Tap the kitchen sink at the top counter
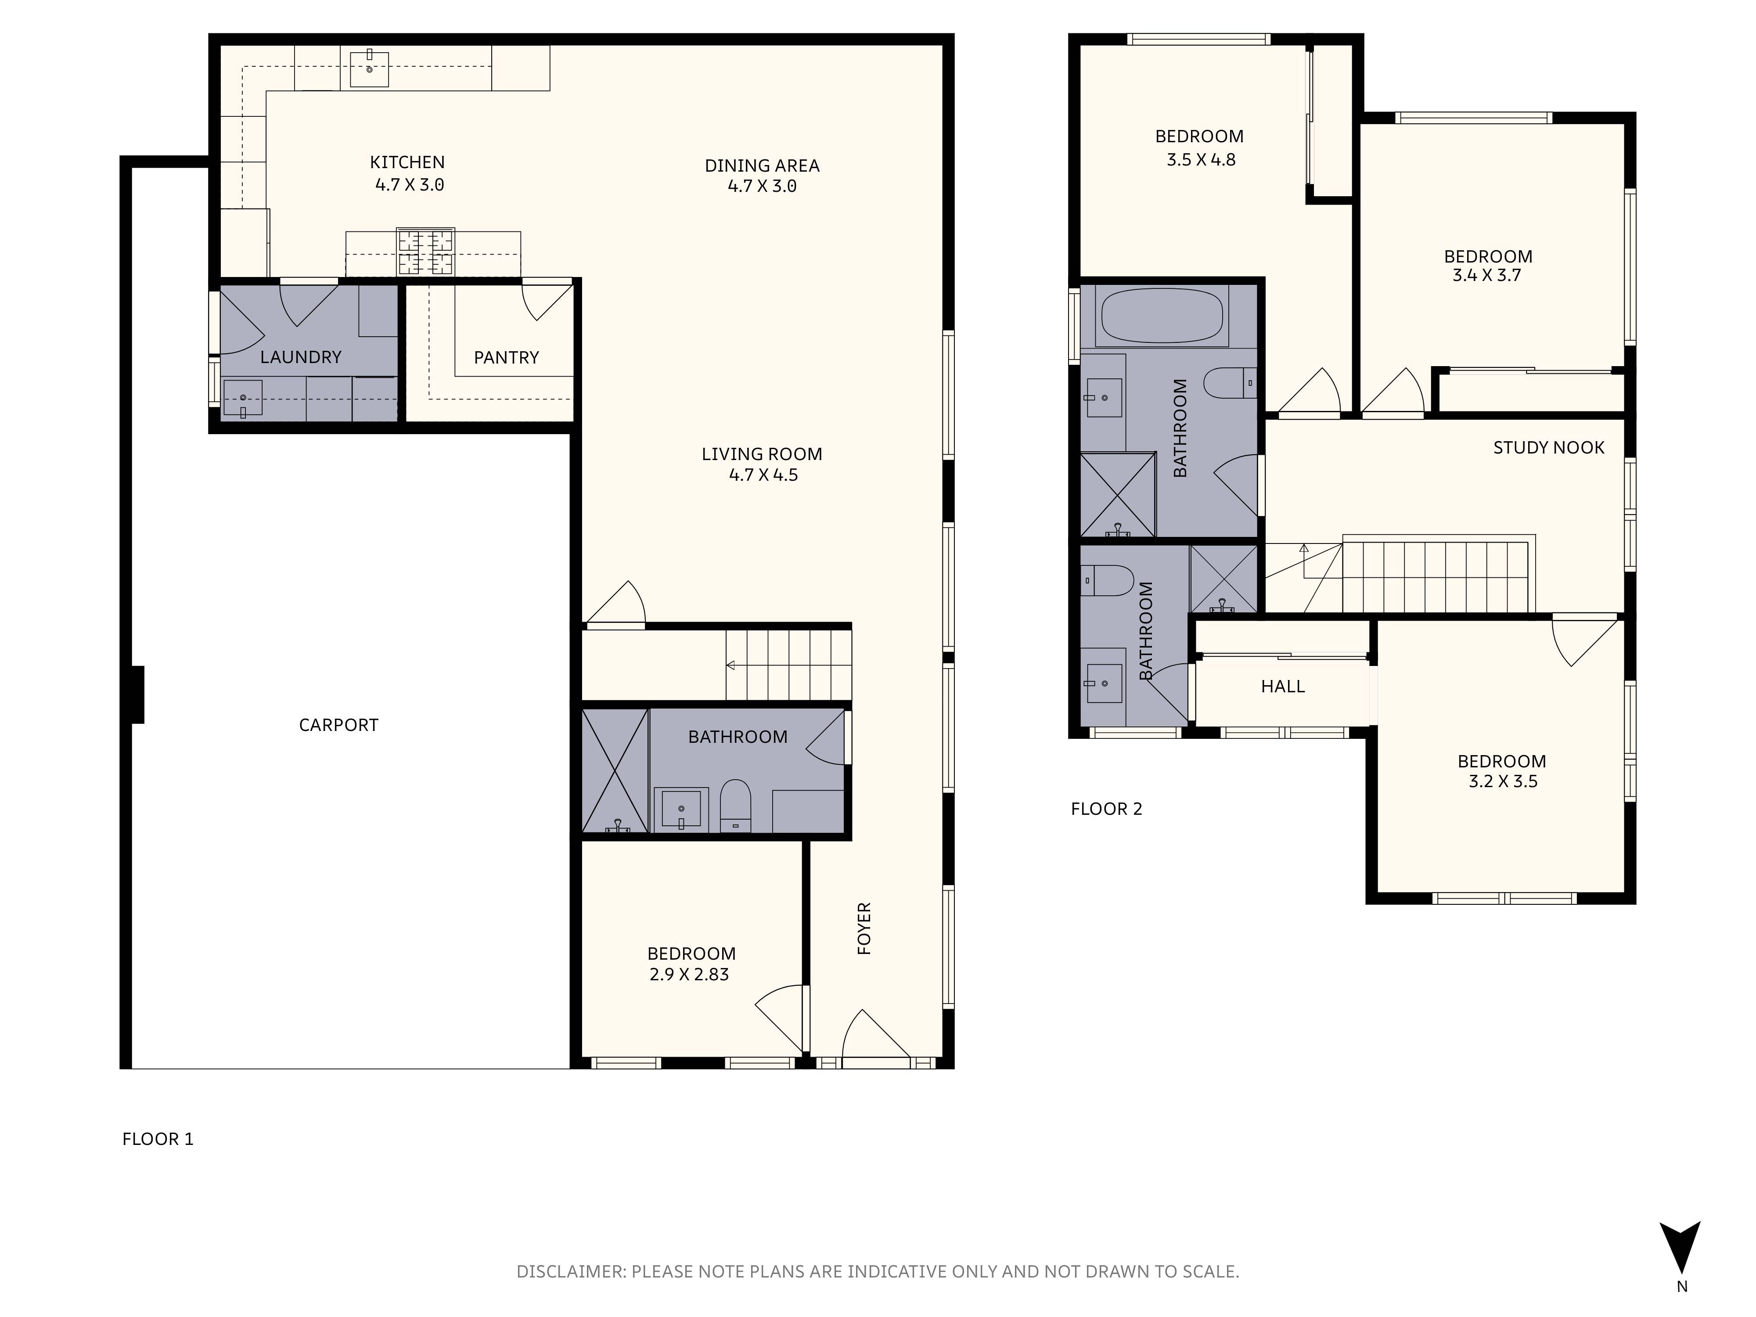(x=369, y=68)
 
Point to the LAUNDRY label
(x=300, y=357)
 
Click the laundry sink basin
(x=243, y=399)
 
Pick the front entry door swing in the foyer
(x=873, y=1036)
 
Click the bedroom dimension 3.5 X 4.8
(x=1200, y=159)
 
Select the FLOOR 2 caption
(x=1106, y=809)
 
